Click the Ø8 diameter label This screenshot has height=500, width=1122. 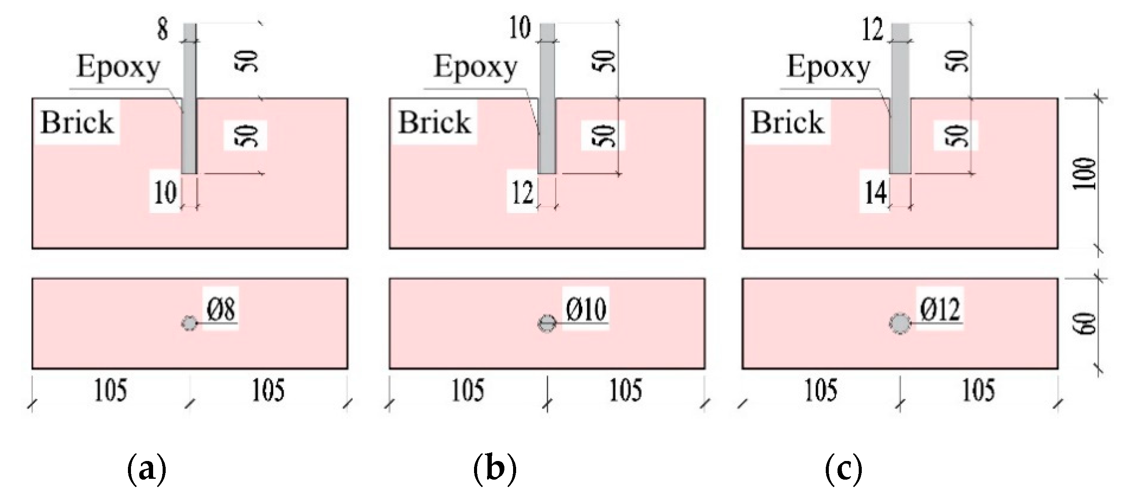[221, 310]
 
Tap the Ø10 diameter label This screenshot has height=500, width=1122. [586, 310]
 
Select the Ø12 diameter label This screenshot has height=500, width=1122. [940, 310]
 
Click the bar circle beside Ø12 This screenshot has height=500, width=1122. [900, 324]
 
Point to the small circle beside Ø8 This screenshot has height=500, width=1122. [189, 324]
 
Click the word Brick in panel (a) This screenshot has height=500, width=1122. [77, 122]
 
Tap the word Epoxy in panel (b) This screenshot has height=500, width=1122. [476, 68]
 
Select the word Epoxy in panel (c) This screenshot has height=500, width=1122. [828, 68]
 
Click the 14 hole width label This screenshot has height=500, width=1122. [875, 193]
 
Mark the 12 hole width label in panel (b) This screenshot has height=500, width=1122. [522, 193]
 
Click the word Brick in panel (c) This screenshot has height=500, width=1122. [788, 122]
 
